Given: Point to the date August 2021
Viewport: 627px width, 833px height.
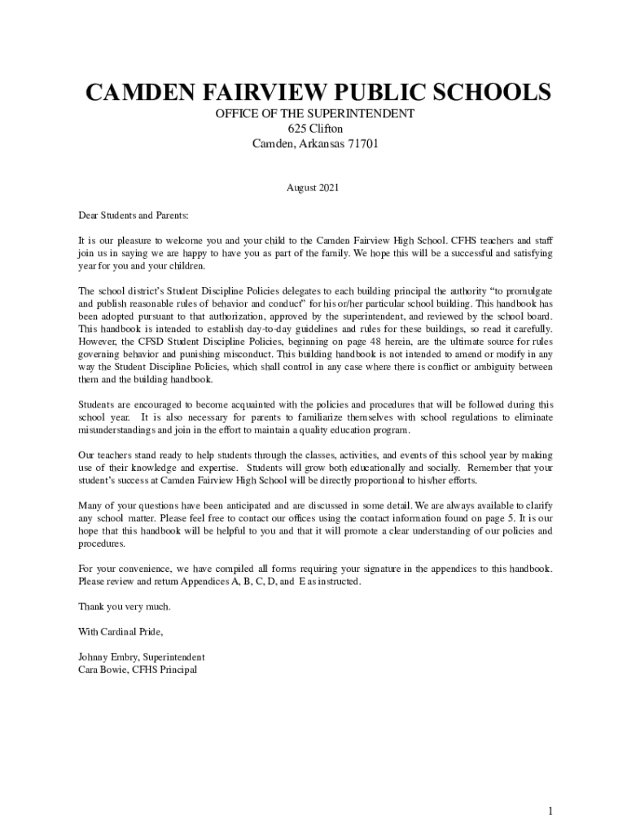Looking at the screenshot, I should click(312, 188).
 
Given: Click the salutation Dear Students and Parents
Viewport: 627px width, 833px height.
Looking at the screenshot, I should click(133, 216).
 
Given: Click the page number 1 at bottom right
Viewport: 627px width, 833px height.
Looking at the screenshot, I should click(550, 788).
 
